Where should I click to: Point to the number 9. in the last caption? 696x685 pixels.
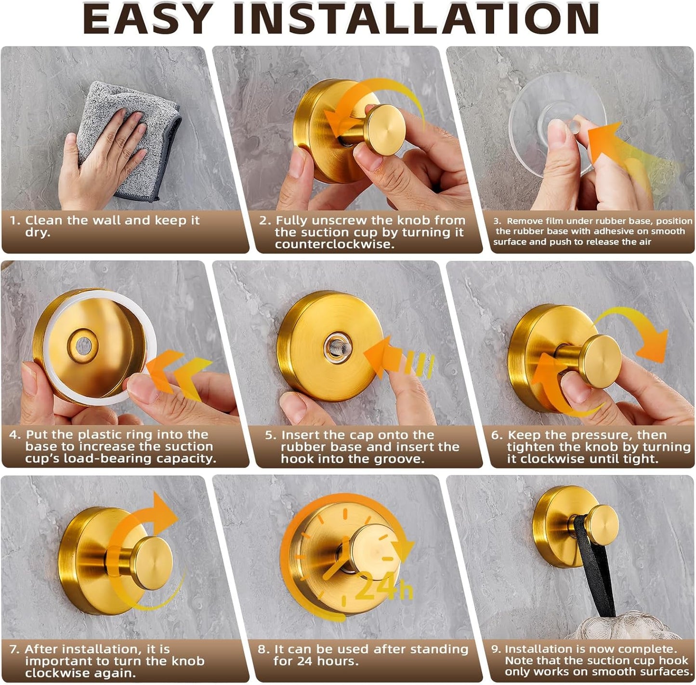pos(496,649)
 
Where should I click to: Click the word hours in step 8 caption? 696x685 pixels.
pos(337,661)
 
